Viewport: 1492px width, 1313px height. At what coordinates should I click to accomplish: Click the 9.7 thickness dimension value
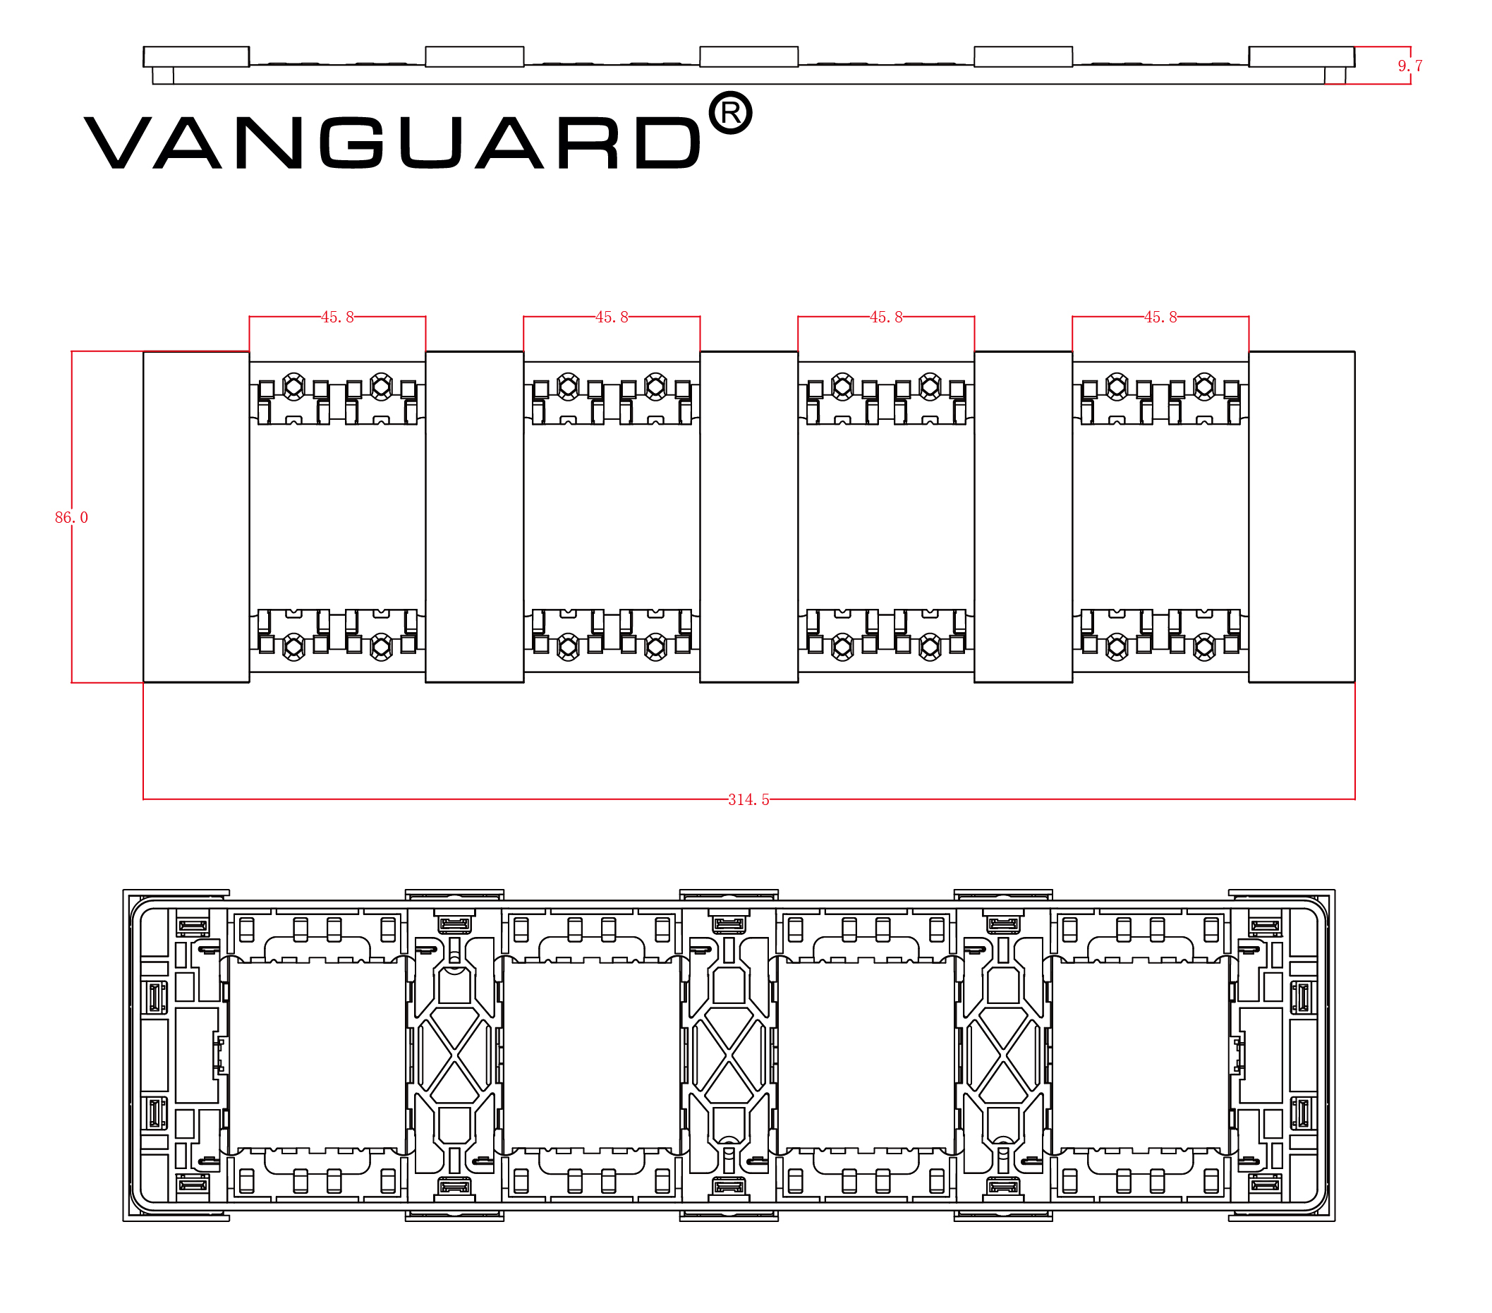coord(1409,66)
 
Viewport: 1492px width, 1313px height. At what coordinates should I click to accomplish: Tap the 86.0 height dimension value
coord(71,517)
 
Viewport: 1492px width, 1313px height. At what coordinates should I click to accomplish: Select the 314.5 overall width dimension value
coord(748,800)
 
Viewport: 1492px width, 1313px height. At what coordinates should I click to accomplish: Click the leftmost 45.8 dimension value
coord(337,317)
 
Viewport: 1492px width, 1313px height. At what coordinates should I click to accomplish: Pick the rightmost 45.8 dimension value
coord(1160,317)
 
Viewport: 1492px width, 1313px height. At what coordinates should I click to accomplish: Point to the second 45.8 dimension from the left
coord(612,317)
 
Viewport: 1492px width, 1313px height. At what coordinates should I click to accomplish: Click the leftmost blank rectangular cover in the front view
coord(195,516)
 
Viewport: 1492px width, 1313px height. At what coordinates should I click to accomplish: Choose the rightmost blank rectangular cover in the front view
coord(1302,516)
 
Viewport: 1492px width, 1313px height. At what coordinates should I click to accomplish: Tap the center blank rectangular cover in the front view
coord(749,516)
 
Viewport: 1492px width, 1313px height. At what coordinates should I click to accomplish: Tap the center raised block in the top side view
coord(749,56)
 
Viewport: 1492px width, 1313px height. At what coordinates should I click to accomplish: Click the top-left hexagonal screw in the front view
coord(293,385)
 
